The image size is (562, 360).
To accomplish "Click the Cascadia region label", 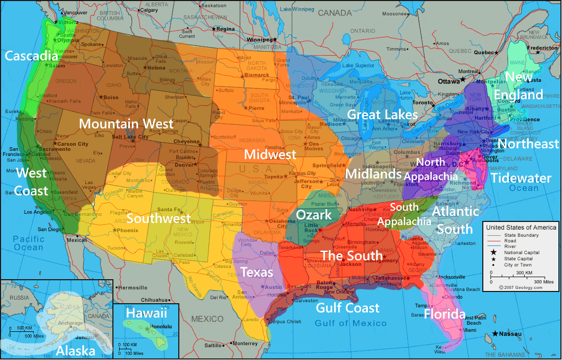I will tap(32, 55).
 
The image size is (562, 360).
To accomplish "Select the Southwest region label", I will tap(158, 218).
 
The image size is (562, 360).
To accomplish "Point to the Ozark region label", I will tap(314, 215).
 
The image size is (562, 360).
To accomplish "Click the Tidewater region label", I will tap(521, 178).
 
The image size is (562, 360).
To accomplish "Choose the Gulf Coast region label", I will tap(347, 307).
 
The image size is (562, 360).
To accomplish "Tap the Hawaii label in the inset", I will tap(147, 313).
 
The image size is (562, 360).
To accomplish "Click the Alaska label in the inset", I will tap(76, 351).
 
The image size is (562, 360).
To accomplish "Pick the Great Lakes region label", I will tap(383, 114).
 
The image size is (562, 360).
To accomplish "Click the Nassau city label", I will tap(511, 334).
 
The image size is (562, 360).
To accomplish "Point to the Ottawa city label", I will tap(450, 81).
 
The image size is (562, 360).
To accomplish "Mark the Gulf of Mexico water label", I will tap(350, 323).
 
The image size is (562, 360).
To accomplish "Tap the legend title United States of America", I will tap(521, 228).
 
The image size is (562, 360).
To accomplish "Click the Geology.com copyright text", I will tap(523, 287).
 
